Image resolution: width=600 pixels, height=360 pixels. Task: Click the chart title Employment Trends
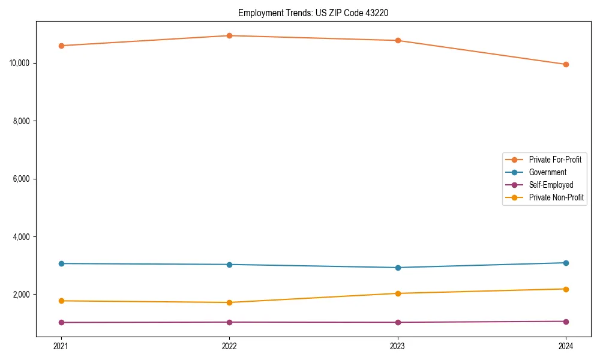(313, 13)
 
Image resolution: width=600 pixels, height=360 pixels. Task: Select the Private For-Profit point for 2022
(229, 35)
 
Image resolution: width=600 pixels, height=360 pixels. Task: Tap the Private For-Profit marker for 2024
(566, 64)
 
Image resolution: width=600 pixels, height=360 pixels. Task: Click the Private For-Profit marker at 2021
(61, 46)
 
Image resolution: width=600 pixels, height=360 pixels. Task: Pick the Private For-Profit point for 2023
(398, 40)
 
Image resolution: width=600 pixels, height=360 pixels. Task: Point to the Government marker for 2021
(61, 263)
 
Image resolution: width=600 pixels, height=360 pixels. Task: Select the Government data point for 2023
(398, 268)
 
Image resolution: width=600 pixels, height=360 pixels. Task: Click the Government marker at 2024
(566, 263)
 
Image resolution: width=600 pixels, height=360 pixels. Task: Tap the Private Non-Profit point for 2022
(229, 302)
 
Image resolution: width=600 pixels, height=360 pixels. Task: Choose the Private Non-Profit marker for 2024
(566, 289)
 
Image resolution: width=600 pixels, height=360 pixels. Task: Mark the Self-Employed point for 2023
(398, 322)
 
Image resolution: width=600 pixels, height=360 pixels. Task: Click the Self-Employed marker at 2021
(61, 322)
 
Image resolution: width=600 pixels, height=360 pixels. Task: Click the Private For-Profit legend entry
(554, 160)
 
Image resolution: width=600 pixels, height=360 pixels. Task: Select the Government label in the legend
(547, 172)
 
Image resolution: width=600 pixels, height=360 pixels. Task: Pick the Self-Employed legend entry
(551, 185)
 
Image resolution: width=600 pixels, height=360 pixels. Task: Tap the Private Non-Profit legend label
(556, 197)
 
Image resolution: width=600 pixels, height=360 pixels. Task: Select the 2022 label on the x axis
(229, 346)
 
